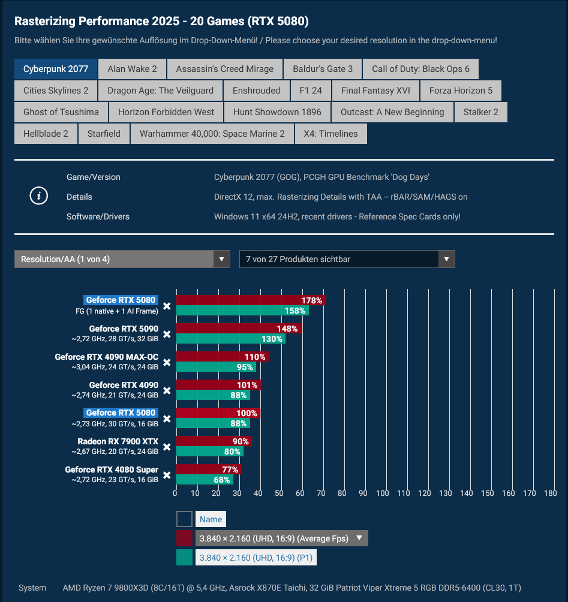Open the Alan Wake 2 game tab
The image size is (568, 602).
tap(132, 69)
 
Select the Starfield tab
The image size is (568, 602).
tap(104, 134)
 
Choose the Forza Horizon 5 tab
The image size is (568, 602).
tap(461, 91)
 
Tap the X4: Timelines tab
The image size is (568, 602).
tap(330, 134)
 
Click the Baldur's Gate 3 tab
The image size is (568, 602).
tap(323, 69)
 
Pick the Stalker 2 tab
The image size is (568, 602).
tap(480, 112)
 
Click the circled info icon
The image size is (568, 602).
tap(39, 196)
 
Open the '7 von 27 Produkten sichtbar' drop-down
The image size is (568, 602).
tap(347, 259)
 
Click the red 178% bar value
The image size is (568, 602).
tap(312, 300)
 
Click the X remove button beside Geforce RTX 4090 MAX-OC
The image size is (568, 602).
tap(167, 362)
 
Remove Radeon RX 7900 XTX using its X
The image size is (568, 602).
tap(167, 447)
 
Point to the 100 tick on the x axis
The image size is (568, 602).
tap(383, 493)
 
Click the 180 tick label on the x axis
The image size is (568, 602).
tap(550, 493)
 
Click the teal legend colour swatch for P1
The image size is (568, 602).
tap(185, 558)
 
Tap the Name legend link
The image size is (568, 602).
tap(211, 519)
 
